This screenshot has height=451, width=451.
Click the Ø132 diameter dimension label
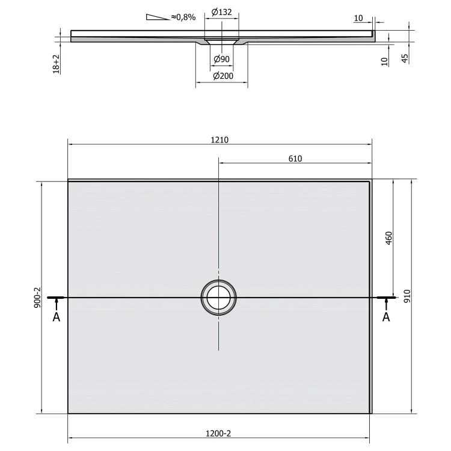click(x=221, y=12)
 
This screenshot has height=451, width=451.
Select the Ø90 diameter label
click(x=221, y=60)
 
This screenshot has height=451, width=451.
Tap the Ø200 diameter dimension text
click(x=223, y=76)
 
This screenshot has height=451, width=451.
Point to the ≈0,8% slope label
click(x=183, y=17)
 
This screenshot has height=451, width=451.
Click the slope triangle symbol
click(x=158, y=17)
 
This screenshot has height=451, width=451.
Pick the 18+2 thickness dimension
click(x=56, y=64)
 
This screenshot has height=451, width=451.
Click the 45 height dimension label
click(x=405, y=58)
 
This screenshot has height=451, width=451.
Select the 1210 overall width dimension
click(x=219, y=140)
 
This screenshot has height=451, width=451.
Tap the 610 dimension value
click(x=295, y=159)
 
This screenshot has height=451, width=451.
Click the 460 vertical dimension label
click(x=388, y=238)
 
